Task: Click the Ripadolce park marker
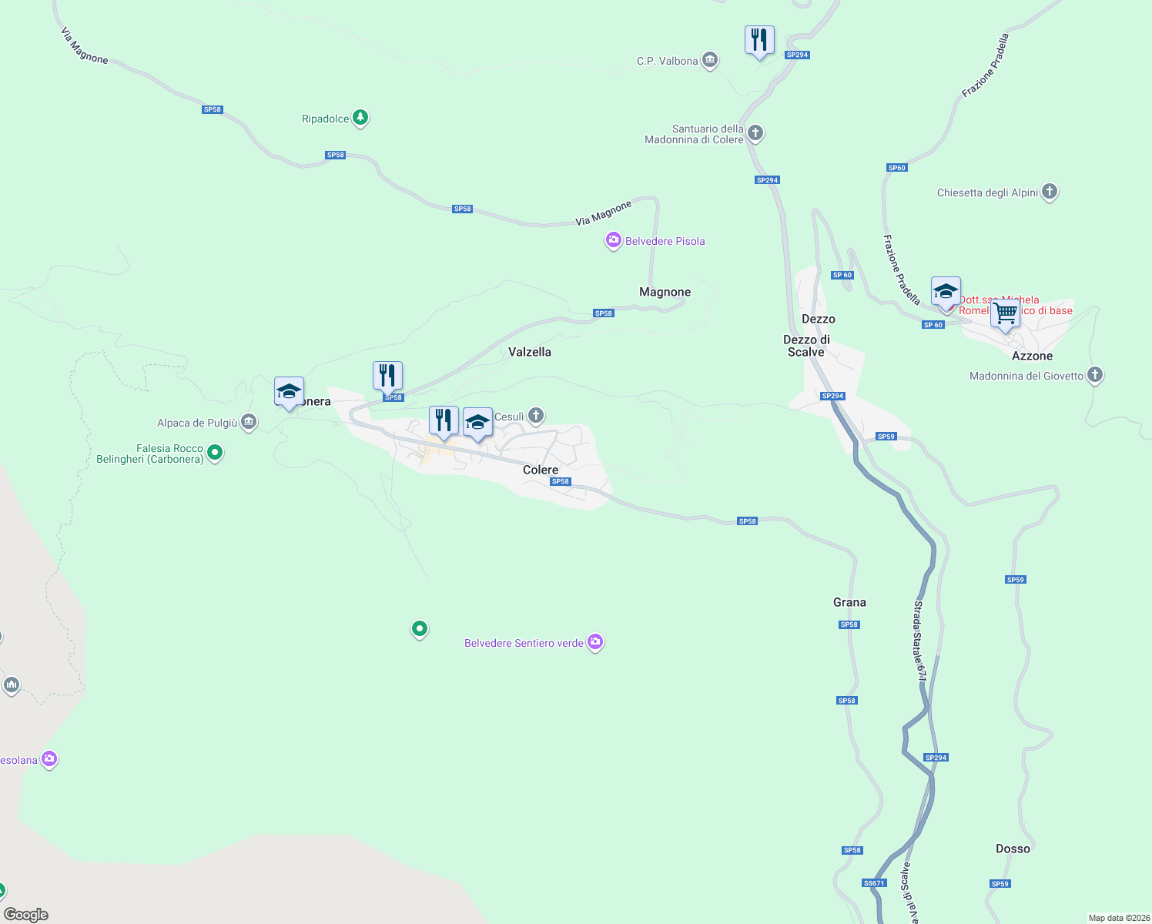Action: click(x=360, y=118)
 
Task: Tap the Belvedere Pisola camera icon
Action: click(x=613, y=241)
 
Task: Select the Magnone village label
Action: click(x=665, y=292)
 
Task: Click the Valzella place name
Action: click(x=530, y=352)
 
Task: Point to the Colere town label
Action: click(x=541, y=470)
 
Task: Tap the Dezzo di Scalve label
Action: click(x=806, y=346)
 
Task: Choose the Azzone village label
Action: click(x=1032, y=356)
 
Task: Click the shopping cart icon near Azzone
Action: click(x=1005, y=313)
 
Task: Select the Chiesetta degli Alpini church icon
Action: click(x=1050, y=192)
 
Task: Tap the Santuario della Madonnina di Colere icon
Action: click(x=755, y=133)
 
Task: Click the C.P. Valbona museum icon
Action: click(x=710, y=60)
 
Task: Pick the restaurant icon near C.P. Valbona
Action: click(x=759, y=39)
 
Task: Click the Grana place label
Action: click(x=849, y=602)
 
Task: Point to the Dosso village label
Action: click(x=1013, y=849)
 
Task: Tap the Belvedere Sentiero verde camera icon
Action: click(x=594, y=641)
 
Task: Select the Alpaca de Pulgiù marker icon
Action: click(x=249, y=422)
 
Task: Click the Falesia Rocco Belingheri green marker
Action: click(x=215, y=453)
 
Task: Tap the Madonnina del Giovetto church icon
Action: click(x=1095, y=375)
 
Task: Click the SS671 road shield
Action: click(x=874, y=883)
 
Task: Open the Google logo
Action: click(x=26, y=915)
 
